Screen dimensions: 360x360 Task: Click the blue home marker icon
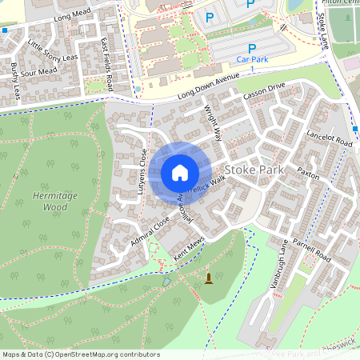pos(180,173)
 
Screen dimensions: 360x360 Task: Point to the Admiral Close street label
pos(150,230)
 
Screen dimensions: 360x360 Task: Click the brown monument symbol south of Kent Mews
pos(210,278)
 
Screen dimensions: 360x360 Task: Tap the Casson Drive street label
pos(265,95)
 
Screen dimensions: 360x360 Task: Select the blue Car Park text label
pos(252,60)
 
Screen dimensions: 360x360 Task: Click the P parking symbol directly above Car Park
pos(252,48)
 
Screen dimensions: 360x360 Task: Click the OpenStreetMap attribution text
pos(80,354)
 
